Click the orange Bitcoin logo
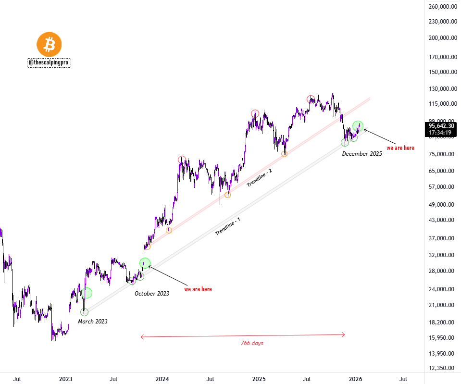[x=50, y=45]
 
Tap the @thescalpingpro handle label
[x=50, y=62]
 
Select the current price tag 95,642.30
[x=442, y=126]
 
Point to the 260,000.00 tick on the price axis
[x=442, y=7]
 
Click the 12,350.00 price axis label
[x=442, y=368]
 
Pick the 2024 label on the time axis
[x=162, y=379]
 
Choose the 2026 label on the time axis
[x=355, y=379]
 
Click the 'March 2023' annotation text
[x=93, y=321]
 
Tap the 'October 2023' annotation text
[x=152, y=293]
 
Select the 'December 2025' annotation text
[x=362, y=154]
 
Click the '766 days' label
[x=252, y=343]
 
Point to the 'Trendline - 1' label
[x=228, y=226]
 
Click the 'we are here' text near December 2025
[x=400, y=148]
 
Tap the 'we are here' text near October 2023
[x=198, y=289]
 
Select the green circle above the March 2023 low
[x=87, y=293]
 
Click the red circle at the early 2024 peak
[x=182, y=160]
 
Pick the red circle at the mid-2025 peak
[x=311, y=99]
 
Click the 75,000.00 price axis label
[x=442, y=154]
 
